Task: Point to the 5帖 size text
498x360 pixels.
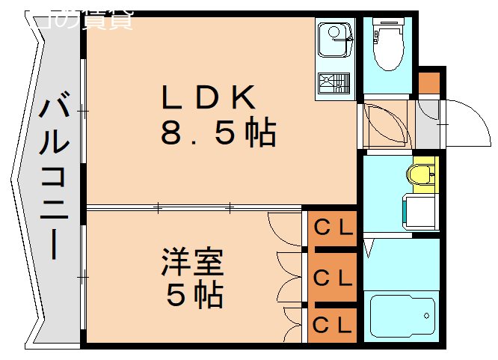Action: point(194,296)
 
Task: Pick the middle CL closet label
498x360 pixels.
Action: point(333,278)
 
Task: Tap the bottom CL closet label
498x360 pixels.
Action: point(333,324)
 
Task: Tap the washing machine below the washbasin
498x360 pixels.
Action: point(419,211)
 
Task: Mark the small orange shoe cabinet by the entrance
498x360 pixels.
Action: point(429,82)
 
